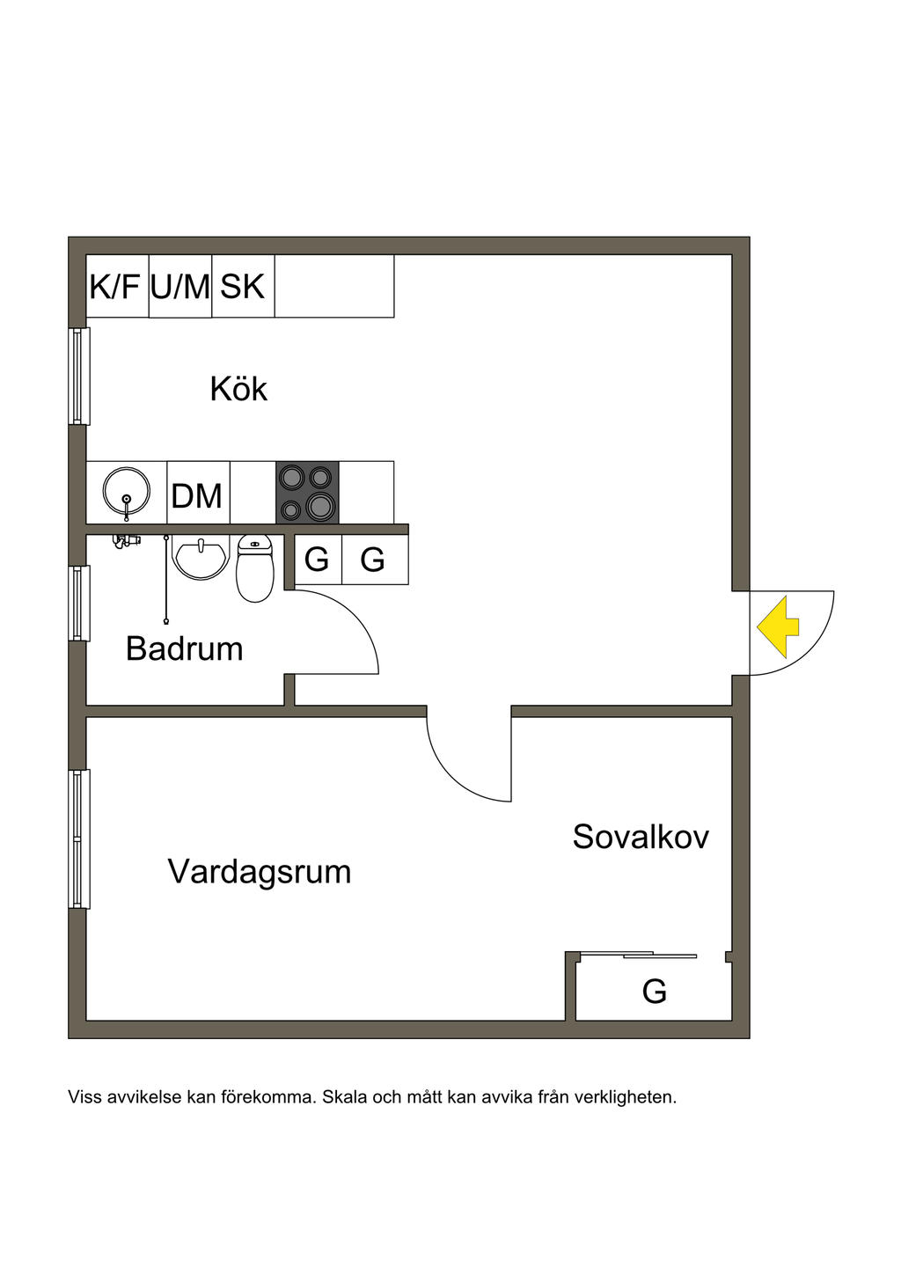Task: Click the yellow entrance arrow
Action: tap(778, 626)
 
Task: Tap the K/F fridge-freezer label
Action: tap(114, 286)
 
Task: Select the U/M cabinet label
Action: tap(180, 286)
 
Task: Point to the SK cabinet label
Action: tap(242, 286)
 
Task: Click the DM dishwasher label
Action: tap(197, 495)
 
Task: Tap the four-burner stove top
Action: tap(307, 492)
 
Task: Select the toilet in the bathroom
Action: tap(255, 567)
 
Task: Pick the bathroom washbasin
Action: tap(200, 559)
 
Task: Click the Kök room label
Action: tap(239, 389)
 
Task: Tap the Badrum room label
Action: tap(184, 648)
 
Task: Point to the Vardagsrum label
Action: tap(260, 872)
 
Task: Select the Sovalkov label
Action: tap(641, 837)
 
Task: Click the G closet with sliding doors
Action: tap(654, 992)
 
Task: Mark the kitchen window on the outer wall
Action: tap(80, 376)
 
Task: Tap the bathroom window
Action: tap(80, 604)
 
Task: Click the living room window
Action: tap(80, 838)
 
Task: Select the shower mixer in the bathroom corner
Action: tap(127, 541)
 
